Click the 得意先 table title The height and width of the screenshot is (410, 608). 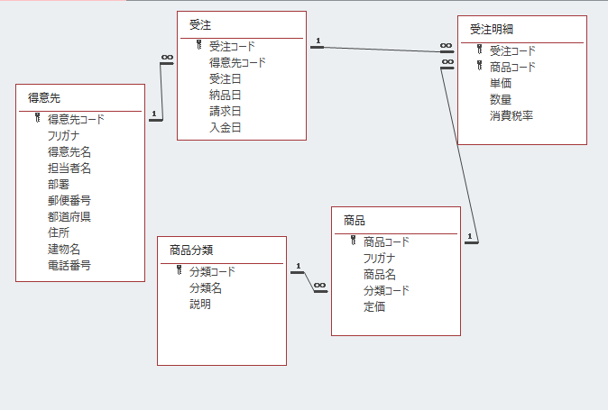tap(44, 97)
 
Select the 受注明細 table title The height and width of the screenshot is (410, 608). tap(493, 29)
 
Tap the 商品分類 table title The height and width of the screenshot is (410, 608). tap(191, 250)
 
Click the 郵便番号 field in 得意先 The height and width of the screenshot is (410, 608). tap(69, 200)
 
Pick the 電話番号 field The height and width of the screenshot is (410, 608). tap(69, 265)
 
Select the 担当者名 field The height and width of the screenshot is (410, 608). tap(69, 168)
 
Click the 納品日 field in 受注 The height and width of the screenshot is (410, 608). tap(225, 95)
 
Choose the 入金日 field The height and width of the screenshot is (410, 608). tap(225, 127)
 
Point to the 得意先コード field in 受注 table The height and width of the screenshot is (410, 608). tap(237, 62)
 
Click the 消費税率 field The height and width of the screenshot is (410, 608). tap(511, 115)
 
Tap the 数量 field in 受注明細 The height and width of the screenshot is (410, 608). tap(501, 99)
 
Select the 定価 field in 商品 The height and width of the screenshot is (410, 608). tap(374, 306)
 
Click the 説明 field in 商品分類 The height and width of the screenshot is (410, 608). tap(199, 304)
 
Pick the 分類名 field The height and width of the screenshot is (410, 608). tap(205, 287)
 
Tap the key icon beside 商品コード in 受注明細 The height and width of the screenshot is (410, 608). tap(479, 66)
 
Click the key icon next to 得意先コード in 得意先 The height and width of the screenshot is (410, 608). tap(38, 118)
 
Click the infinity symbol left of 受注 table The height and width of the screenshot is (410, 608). tap(166, 58)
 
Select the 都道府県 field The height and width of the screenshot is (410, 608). tap(69, 216)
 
